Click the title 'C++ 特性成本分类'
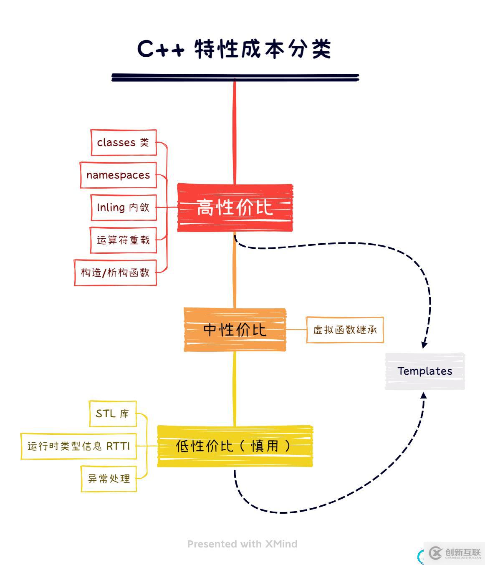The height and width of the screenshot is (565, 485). point(234,49)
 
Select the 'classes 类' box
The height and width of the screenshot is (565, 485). point(124,142)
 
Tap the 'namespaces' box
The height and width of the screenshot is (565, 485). point(118,175)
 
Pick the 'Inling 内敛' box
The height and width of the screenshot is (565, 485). point(124,207)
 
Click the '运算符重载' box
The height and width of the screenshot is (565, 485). point(124,240)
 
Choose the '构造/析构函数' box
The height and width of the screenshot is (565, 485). point(115,272)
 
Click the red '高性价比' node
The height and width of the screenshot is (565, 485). point(235,207)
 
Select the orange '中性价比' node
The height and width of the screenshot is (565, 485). point(235,330)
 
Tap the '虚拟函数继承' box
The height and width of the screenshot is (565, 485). point(345,330)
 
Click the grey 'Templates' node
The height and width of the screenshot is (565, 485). point(424,371)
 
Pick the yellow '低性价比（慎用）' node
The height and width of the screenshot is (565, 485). point(235,446)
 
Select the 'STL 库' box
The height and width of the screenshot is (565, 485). point(113,414)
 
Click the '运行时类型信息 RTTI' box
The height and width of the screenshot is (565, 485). point(79,446)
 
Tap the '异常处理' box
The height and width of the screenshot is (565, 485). point(109,479)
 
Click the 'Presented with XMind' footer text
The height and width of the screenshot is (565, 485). point(242,544)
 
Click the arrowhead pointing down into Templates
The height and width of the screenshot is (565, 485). point(424,345)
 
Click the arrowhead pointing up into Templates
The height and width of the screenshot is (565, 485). point(423,395)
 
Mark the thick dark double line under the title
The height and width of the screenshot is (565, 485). point(235,77)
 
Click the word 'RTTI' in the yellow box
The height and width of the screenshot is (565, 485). point(118,446)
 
